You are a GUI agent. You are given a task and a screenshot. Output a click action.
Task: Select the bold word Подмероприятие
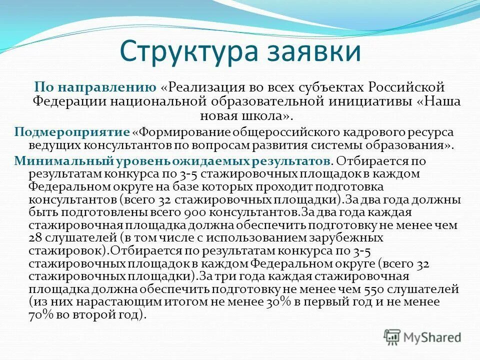coord(72,132)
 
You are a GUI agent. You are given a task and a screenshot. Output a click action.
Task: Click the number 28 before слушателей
coord(35,238)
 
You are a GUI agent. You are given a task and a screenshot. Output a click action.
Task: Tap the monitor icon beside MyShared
coord(393,336)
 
